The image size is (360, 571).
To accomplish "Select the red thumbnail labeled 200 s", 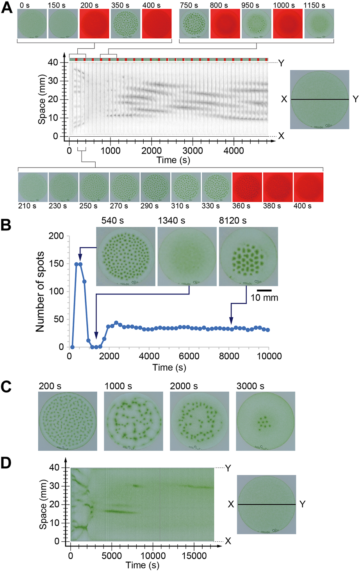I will [x=94, y=24].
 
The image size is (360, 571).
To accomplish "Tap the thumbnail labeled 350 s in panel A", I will [x=125, y=24].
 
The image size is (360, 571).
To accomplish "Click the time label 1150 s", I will [x=314, y=5].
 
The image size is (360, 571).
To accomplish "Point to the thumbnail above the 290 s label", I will [x=155, y=187].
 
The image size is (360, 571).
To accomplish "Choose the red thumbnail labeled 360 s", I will [x=247, y=187].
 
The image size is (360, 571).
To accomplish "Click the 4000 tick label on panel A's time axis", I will [x=233, y=151].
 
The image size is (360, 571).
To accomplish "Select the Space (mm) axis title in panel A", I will [x=41, y=99].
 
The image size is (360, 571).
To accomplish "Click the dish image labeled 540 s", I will [x=125, y=256].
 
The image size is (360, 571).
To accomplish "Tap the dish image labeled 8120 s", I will [x=248, y=256].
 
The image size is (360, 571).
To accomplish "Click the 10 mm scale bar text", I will [x=264, y=298].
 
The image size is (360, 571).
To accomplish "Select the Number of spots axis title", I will [x=40, y=292].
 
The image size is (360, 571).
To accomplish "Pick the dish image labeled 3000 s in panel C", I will [x=266, y=421].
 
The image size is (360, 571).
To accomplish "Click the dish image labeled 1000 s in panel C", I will [x=134, y=421].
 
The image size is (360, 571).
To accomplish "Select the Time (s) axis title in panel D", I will [x=142, y=565].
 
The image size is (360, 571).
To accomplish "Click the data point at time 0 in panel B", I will [x=72, y=347].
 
